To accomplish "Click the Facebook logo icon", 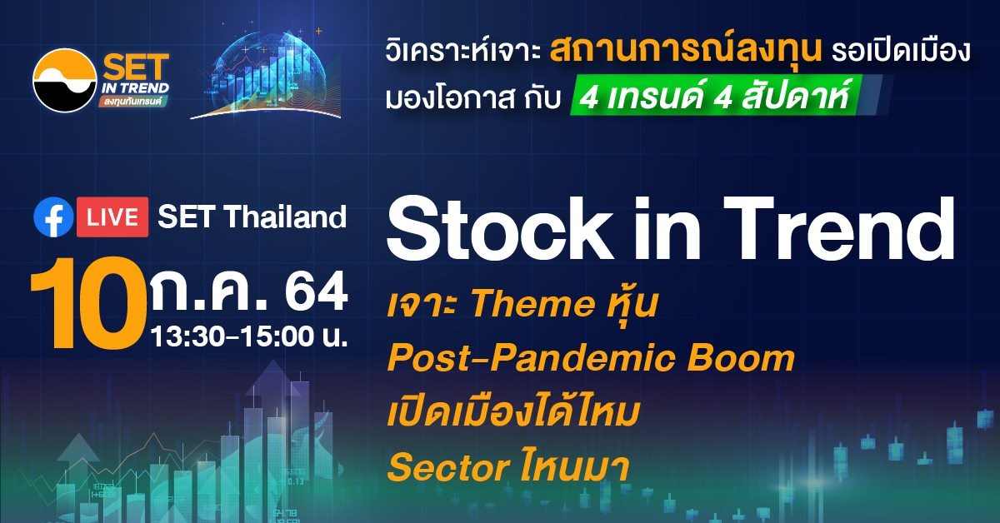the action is [53, 217].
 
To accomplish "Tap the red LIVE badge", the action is [112, 217].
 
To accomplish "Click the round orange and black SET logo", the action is [65, 80].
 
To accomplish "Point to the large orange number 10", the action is [88, 303].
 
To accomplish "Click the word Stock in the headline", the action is [499, 227].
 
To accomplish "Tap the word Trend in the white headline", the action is [840, 227].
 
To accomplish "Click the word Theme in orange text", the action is [532, 304].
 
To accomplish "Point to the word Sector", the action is [448, 467].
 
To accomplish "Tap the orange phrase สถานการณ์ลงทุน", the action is [686, 51].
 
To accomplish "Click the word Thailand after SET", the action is [285, 217].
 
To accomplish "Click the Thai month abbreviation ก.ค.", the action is [210, 291].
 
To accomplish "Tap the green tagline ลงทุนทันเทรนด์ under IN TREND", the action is [133, 101].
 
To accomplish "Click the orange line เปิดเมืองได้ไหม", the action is [513, 413].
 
